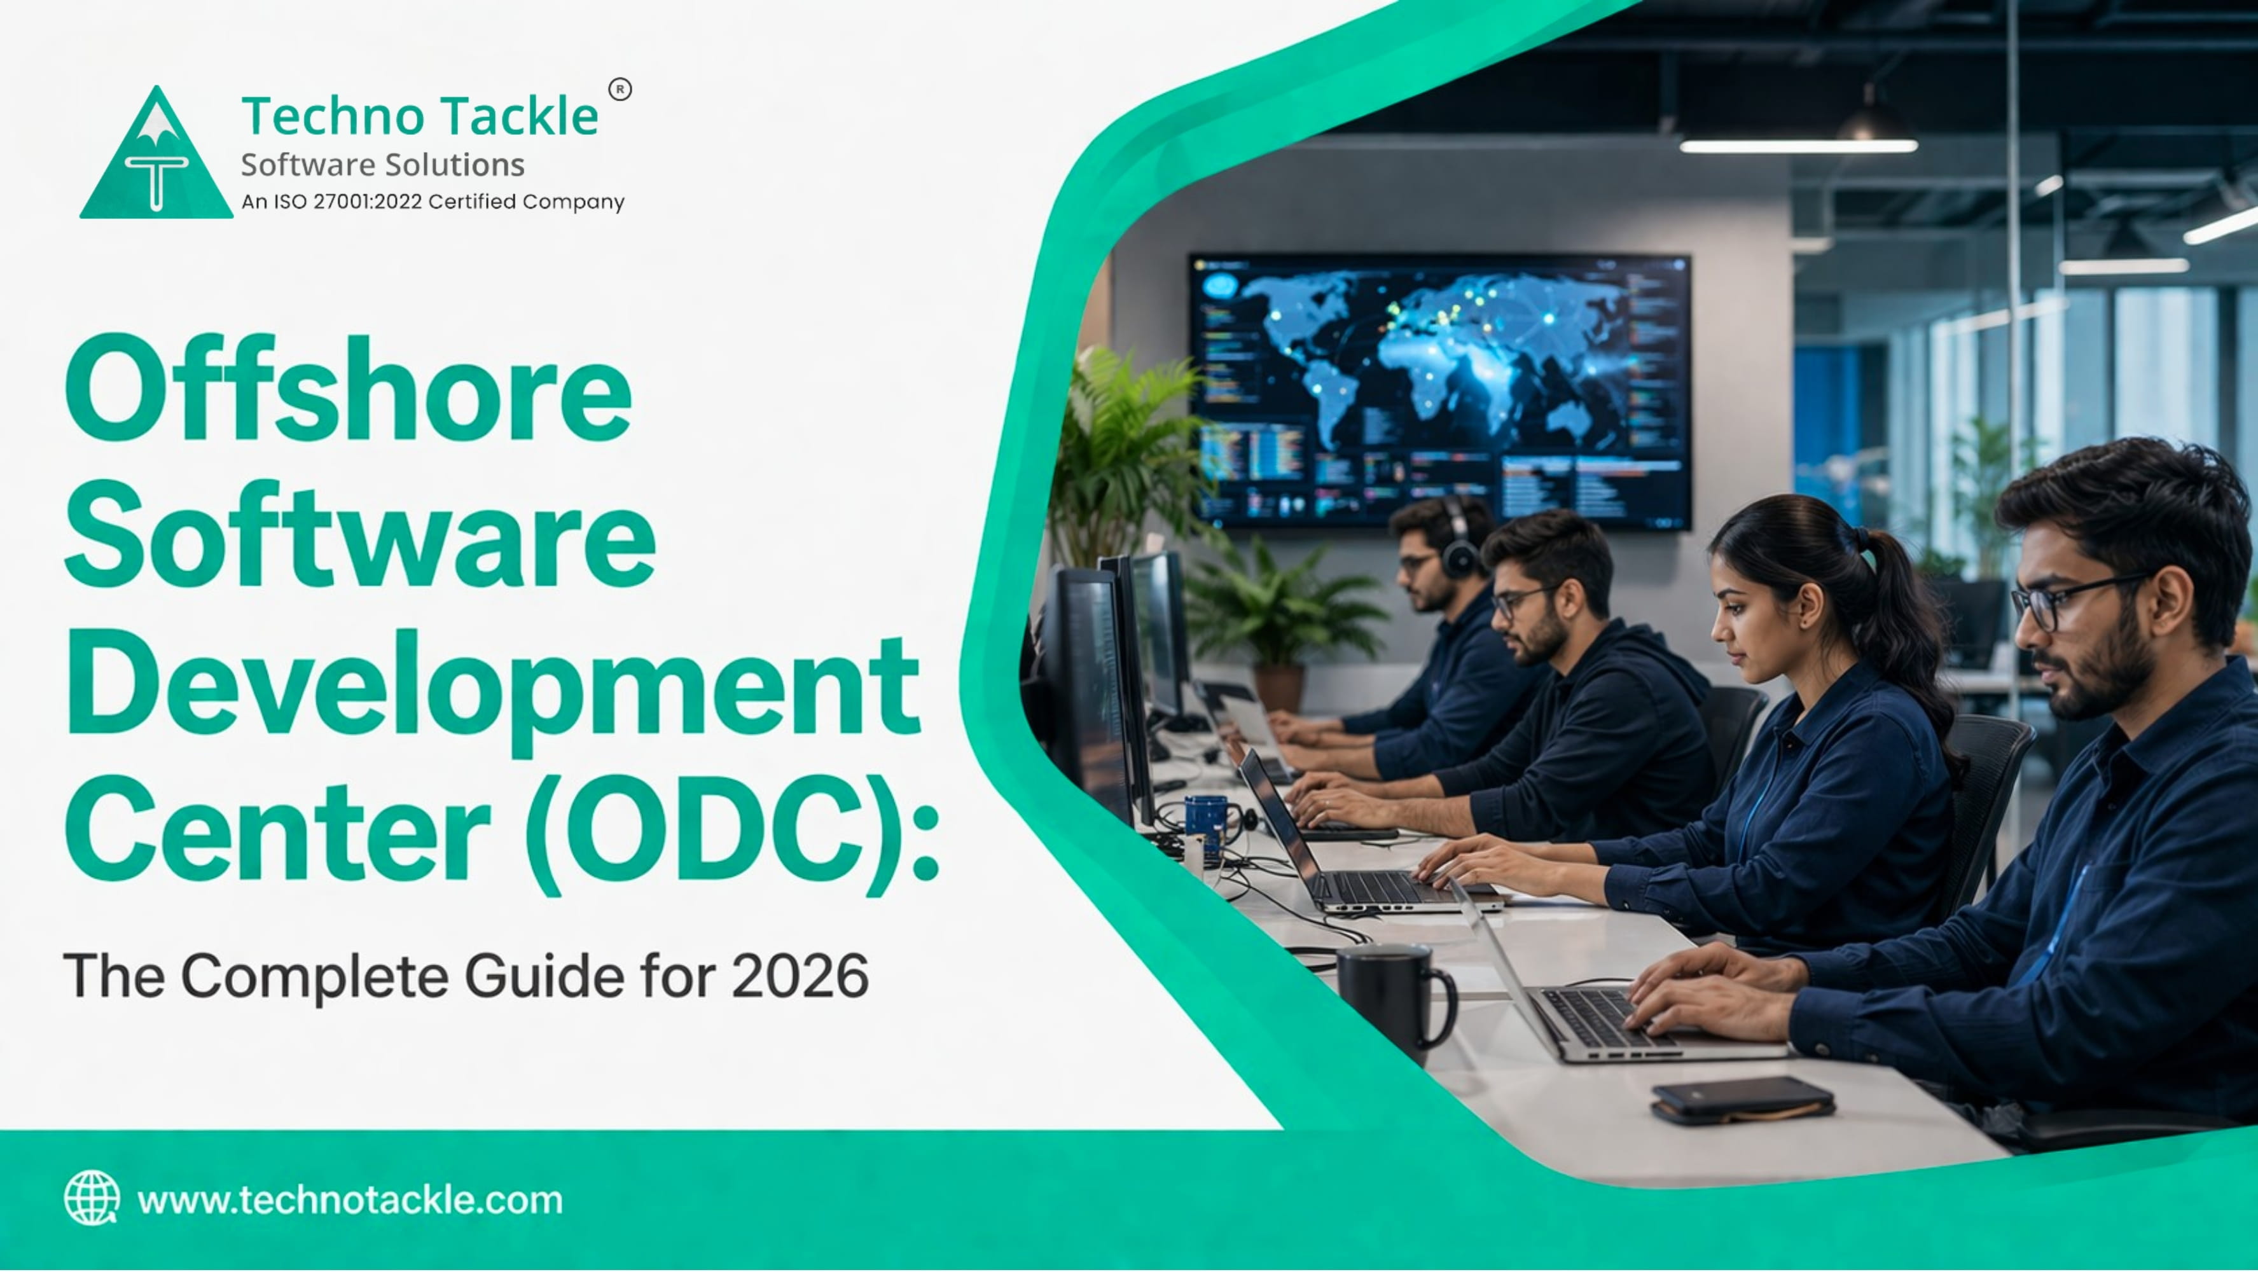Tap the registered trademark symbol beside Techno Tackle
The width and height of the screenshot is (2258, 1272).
[x=620, y=90]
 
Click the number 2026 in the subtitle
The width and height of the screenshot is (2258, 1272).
[x=800, y=976]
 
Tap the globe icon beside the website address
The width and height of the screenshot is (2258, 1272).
[x=91, y=1198]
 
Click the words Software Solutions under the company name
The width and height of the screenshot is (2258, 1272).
[x=382, y=165]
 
